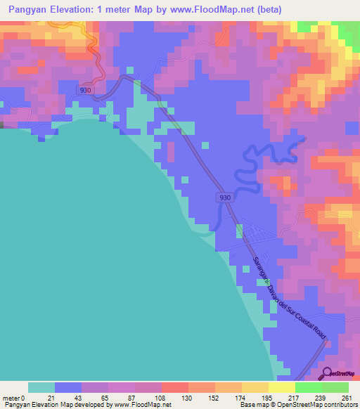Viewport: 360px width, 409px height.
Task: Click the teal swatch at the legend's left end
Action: click(41, 387)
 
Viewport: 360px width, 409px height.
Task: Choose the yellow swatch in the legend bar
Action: click(281, 387)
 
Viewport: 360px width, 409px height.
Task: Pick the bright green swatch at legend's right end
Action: click(335, 387)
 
